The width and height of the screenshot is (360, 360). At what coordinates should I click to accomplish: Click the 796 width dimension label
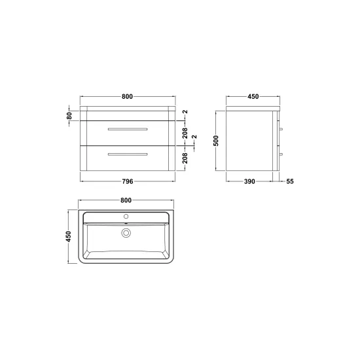[128, 181]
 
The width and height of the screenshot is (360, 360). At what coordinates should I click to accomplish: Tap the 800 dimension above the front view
[127, 97]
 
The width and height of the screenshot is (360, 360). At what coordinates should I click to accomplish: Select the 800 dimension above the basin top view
[126, 200]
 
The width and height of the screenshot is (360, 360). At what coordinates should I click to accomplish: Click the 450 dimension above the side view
[253, 97]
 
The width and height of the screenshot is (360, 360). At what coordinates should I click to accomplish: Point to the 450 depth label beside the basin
[69, 236]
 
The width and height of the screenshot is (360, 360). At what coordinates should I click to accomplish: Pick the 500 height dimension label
[216, 141]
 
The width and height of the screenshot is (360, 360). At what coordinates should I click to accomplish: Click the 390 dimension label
[249, 181]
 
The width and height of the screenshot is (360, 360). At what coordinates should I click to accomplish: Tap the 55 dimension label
[290, 181]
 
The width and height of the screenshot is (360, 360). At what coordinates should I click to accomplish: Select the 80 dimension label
[69, 116]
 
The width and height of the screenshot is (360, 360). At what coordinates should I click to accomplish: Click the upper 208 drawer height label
[185, 133]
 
